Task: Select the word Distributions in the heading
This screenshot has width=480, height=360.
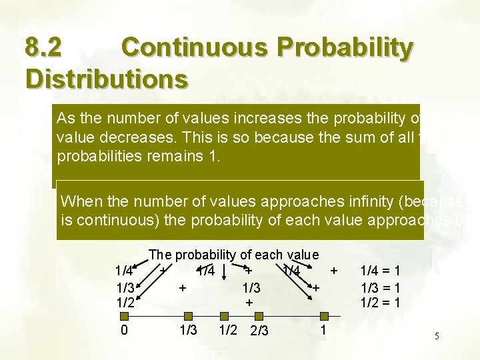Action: click(106, 78)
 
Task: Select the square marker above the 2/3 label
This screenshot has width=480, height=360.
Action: click(259, 316)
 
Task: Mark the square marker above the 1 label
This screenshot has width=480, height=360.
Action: click(323, 316)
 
